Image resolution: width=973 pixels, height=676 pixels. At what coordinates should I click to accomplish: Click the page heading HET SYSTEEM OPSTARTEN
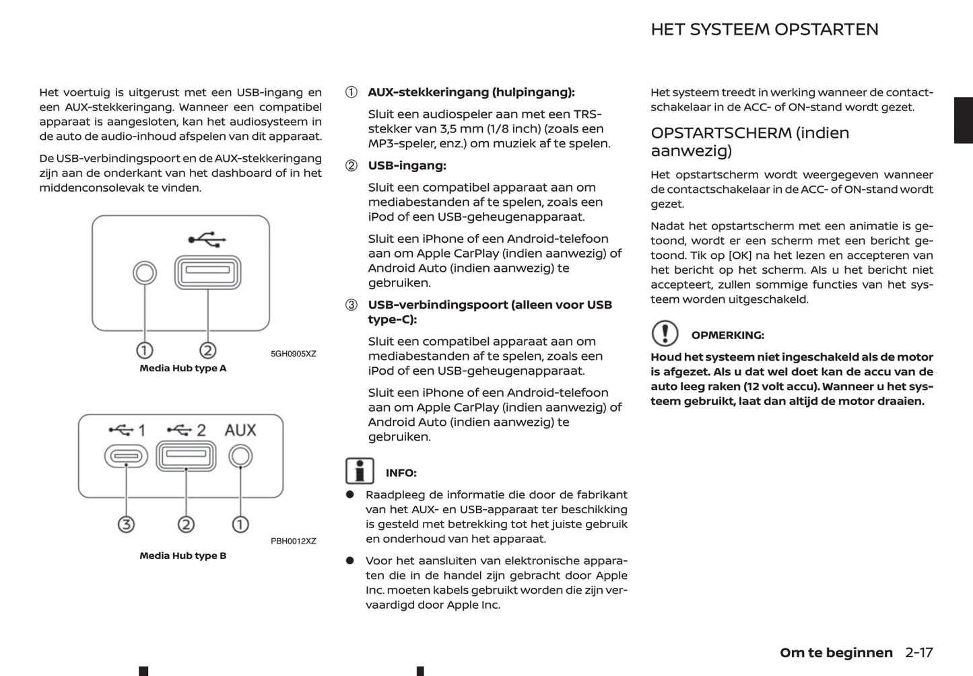[764, 30]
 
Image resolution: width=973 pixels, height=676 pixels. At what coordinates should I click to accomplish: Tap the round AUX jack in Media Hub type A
[145, 272]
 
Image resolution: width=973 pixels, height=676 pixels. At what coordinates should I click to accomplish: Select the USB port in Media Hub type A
[207, 272]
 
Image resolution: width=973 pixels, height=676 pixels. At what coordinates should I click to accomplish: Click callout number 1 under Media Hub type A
[145, 350]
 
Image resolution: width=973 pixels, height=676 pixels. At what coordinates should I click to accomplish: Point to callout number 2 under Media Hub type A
[207, 350]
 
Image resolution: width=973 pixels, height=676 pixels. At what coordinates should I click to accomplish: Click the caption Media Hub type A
[182, 369]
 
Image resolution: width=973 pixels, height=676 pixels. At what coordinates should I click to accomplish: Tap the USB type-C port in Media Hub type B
[126, 457]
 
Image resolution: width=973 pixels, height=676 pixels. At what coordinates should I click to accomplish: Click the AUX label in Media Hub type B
[240, 430]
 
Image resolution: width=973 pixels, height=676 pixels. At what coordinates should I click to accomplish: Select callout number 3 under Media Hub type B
[126, 525]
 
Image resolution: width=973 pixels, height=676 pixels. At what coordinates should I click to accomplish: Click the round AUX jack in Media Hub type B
[240, 457]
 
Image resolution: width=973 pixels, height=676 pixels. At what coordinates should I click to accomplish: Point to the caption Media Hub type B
[182, 556]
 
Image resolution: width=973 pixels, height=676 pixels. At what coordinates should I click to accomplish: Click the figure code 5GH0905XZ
[293, 354]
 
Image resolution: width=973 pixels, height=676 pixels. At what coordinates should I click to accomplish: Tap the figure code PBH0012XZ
[293, 541]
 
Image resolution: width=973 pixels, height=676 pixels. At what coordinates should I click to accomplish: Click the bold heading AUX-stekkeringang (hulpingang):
[471, 93]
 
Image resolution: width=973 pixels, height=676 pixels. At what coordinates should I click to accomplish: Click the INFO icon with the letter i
[360, 471]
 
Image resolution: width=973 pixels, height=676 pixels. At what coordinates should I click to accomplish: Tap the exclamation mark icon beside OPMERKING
[665, 334]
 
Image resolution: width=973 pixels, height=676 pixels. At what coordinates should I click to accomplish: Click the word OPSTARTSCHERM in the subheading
[720, 133]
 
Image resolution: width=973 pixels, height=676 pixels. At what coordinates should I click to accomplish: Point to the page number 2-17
[919, 652]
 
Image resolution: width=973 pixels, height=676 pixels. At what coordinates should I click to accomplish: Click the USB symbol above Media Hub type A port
[207, 239]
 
